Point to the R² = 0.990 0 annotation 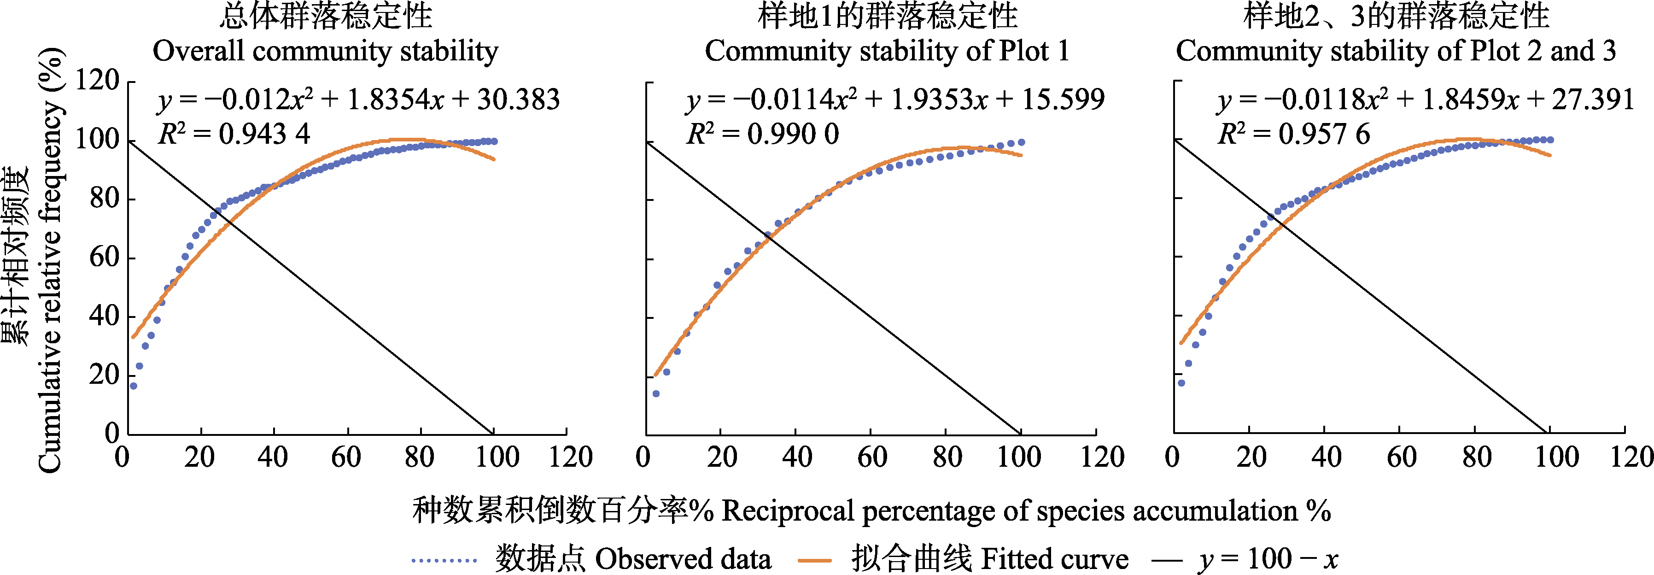[x=762, y=134]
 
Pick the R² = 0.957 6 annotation [x=1293, y=134]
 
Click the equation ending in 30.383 [x=358, y=100]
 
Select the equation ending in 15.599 [x=895, y=100]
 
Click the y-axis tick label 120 [x=98, y=82]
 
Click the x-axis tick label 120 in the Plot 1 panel [x=1103, y=458]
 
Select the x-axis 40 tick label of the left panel [x=273, y=458]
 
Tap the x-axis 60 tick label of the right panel [x=1401, y=458]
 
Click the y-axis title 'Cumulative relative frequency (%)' [x=50, y=260]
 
